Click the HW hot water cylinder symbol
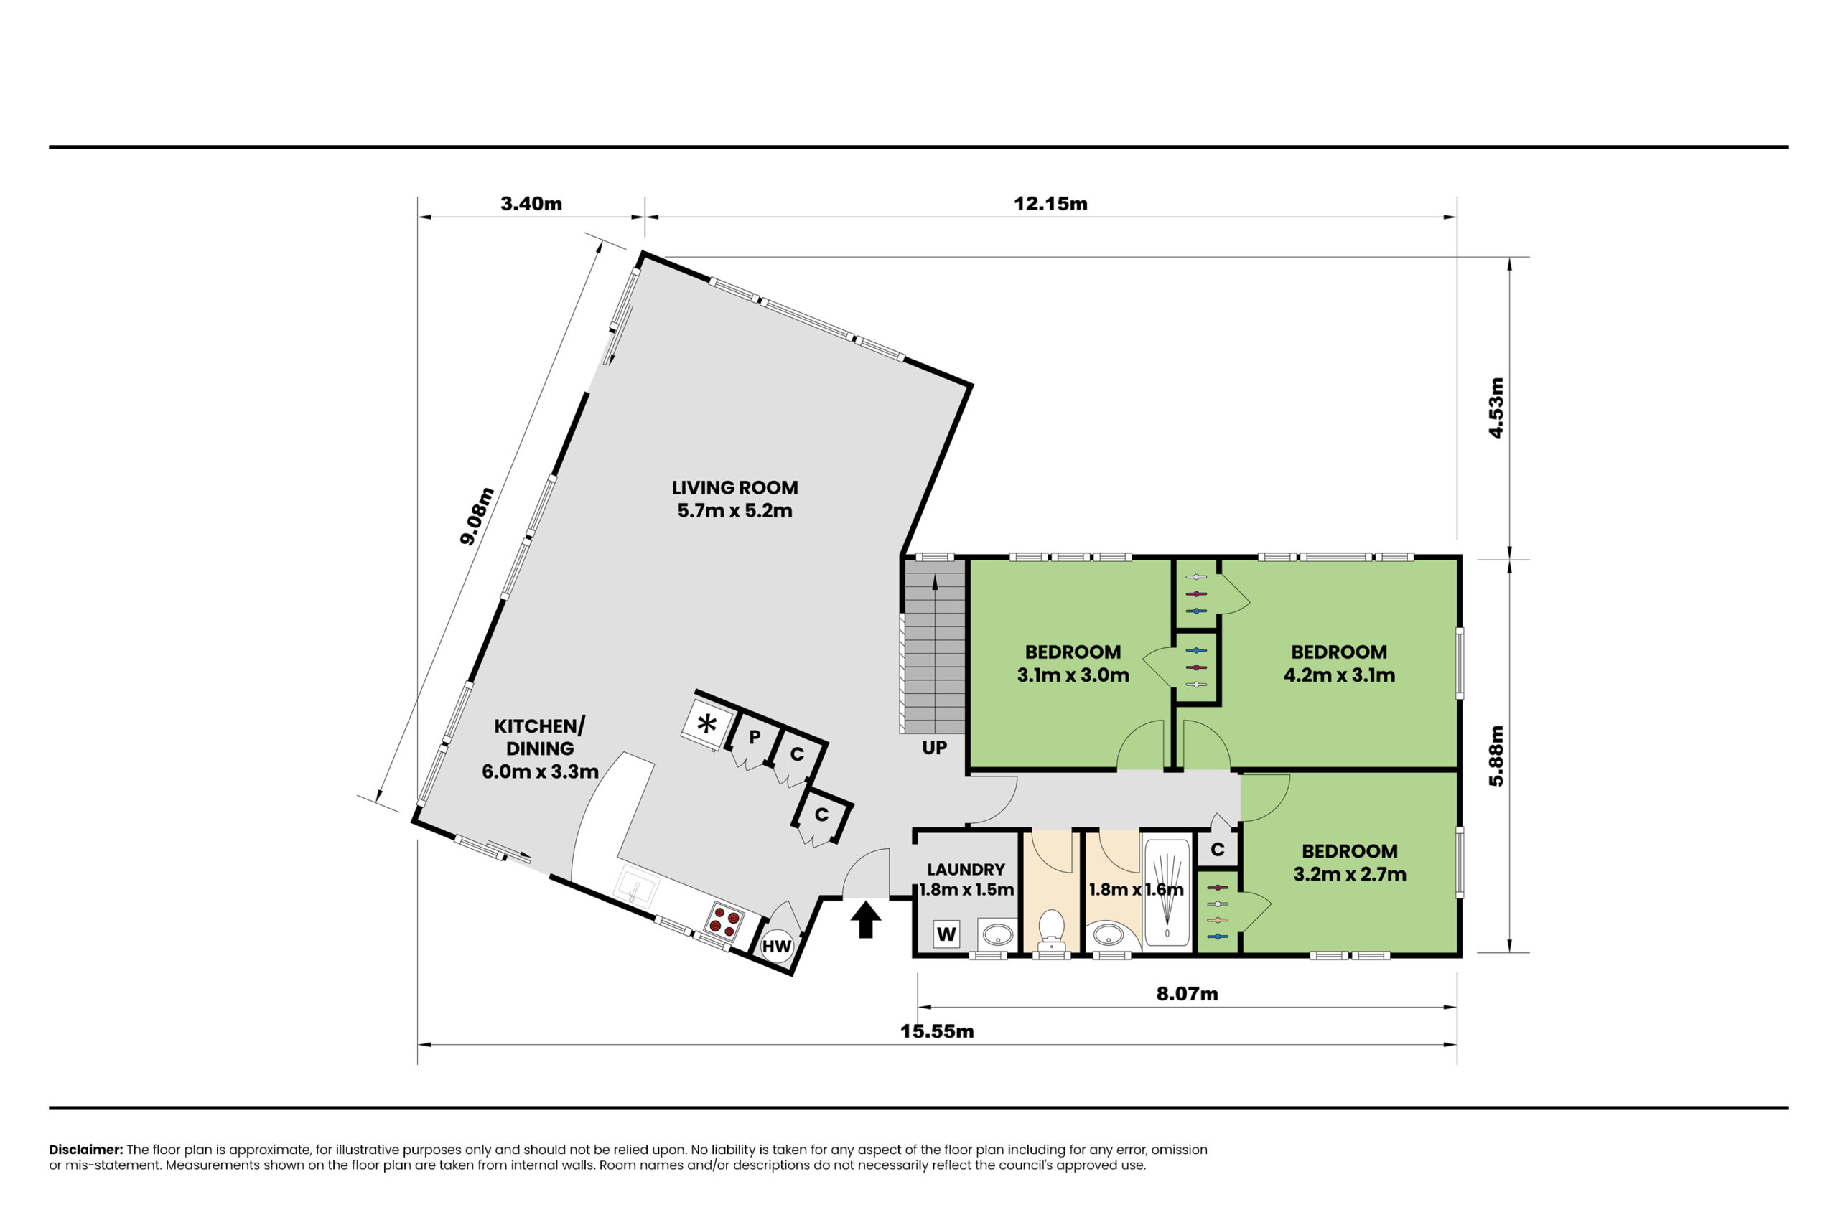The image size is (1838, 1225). click(777, 946)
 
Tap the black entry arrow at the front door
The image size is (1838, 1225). click(865, 919)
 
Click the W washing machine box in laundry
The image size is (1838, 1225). click(946, 934)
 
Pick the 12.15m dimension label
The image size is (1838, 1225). click(1050, 204)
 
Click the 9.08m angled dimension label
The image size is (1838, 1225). click(477, 516)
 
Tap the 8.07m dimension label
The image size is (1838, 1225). click(1187, 994)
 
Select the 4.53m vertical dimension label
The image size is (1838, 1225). click(1495, 408)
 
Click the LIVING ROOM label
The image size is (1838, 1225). click(734, 487)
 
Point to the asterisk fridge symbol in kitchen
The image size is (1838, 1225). click(707, 724)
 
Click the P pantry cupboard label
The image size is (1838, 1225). click(754, 737)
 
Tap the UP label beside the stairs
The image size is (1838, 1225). click(934, 748)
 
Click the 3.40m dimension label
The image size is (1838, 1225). click(531, 204)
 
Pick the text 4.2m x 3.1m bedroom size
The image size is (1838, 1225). click(1338, 675)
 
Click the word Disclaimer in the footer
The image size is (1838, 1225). click(86, 1149)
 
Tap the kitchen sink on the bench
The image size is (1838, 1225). click(637, 888)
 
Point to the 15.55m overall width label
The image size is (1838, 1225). click(936, 1031)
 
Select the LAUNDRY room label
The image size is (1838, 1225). click(966, 870)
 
